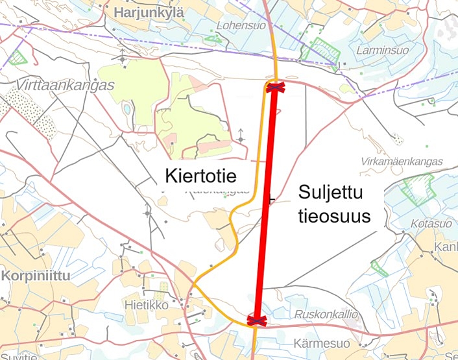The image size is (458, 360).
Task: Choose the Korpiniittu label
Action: (x=36, y=275)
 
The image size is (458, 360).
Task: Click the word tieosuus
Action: (x=334, y=217)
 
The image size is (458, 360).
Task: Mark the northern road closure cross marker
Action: (x=274, y=87)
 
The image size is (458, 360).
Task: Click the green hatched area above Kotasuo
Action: (x=418, y=188)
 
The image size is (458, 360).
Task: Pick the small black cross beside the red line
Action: (x=271, y=200)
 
